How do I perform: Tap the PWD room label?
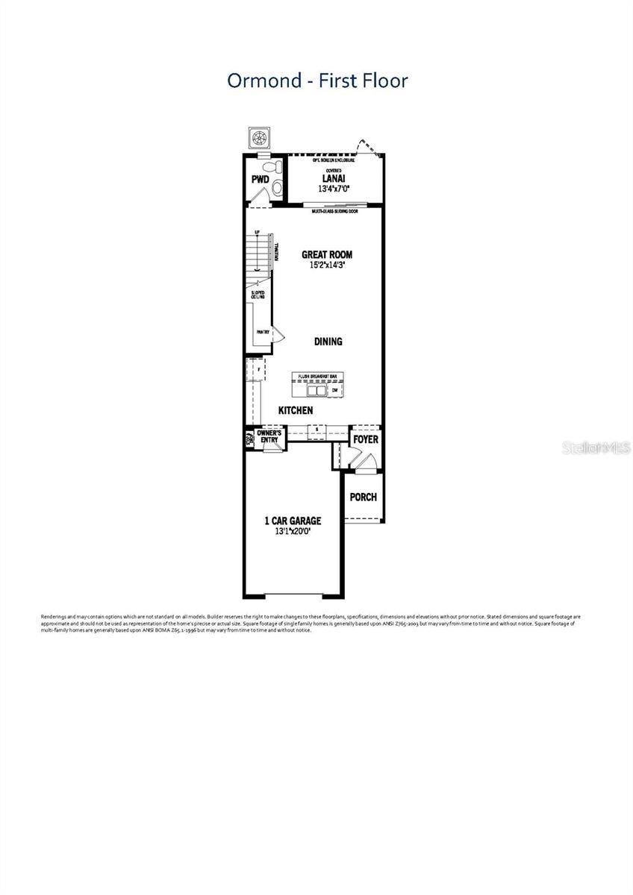(259, 180)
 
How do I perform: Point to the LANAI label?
(333, 178)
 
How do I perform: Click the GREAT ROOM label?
(327, 254)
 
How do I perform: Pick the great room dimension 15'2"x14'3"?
(327, 266)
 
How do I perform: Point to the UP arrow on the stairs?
(258, 233)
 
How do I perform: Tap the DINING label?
(328, 342)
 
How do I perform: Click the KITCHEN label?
(296, 410)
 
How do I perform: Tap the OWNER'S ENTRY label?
(269, 436)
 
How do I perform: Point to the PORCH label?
(364, 497)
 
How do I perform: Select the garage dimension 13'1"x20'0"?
(292, 532)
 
